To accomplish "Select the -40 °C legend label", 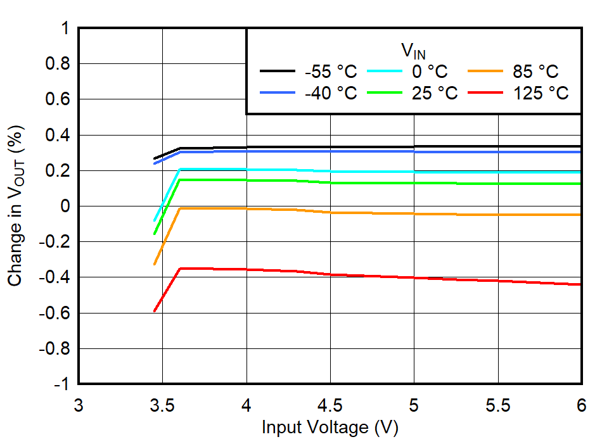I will click(330, 93).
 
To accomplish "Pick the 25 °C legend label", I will click(435, 93).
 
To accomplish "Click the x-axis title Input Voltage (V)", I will click(330, 428).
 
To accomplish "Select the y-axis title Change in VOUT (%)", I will click(16, 206).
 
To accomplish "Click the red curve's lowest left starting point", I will click(155, 311).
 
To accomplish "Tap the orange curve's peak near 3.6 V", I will click(181, 208).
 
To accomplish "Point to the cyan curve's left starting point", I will click(155, 220).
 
